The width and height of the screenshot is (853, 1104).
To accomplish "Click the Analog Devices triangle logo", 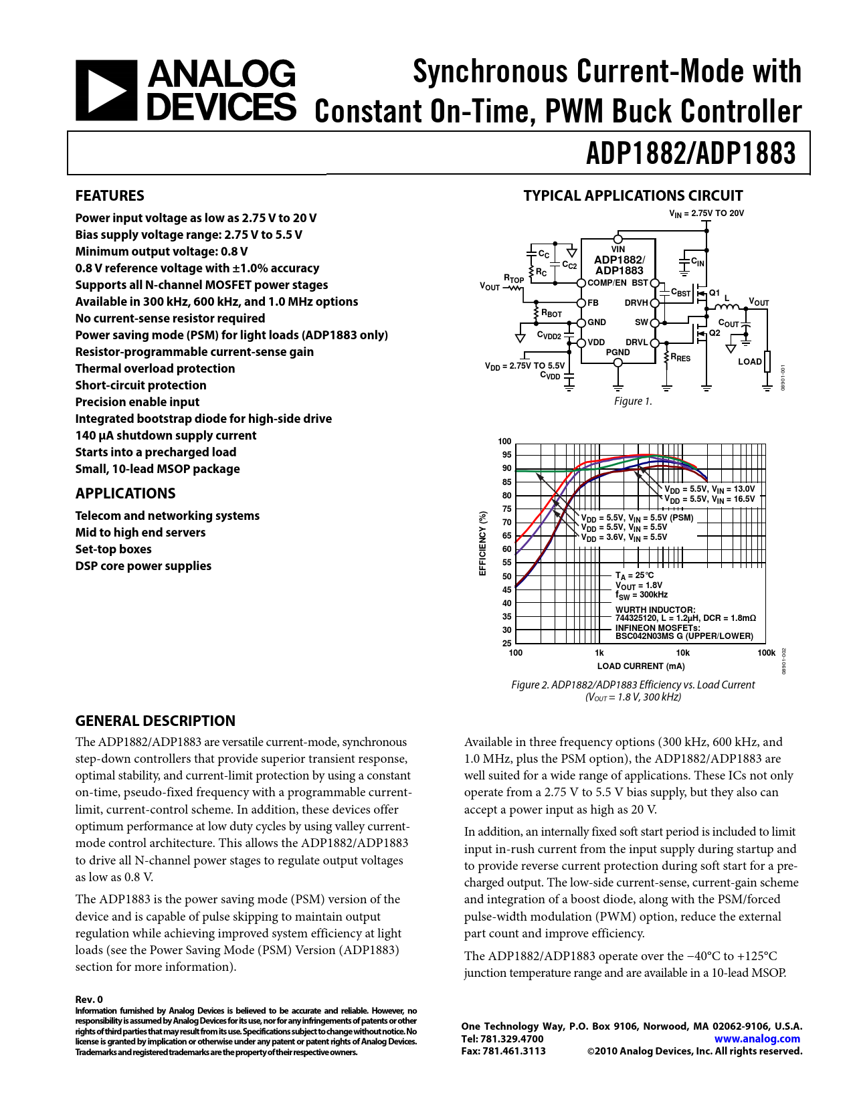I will pyautogui.click(x=107, y=90).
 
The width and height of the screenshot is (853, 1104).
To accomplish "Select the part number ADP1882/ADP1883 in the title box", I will pyautogui.click(x=690, y=153).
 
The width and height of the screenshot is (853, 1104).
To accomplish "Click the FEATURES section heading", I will pyautogui.click(x=110, y=196).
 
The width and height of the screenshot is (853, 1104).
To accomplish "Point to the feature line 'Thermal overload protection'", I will pyautogui.click(x=155, y=369).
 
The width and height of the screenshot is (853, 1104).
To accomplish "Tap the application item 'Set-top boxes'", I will pyautogui.click(x=114, y=549).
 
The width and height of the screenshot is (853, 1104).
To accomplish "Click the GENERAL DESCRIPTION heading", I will pyautogui.click(x=155, y=721).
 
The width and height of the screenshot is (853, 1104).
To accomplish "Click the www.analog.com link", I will pyautogui.click(x=757, y=1039).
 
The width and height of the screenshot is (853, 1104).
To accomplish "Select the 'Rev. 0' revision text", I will pyautogui.click(x=89, y=1000).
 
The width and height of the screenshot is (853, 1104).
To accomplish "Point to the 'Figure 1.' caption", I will pyautogui.click(x=633, y=401).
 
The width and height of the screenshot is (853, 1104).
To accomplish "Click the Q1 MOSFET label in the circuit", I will pyautogui.click(x=715, y=293).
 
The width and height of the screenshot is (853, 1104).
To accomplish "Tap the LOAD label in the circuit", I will pyautogui.click(x=749, y=362).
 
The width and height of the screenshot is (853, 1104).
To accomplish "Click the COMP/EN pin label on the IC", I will pyautogui.click(x=607, y=283).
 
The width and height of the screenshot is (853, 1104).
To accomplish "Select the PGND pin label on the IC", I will pyautogui.click(x=618, y=352).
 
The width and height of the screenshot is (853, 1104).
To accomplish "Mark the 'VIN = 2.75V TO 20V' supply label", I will pyautogui.click(x=706, y=213).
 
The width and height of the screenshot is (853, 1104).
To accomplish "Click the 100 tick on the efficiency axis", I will pyautogui.click(x=504, y=442).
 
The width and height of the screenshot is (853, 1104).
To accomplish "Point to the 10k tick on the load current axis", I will pyautogui.click(x=682, y=653).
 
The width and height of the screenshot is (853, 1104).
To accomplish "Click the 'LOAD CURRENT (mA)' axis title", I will pyautogui.click(x=641, y=666).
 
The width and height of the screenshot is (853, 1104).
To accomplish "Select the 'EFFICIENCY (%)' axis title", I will pyautogui.click(x=482, y=543).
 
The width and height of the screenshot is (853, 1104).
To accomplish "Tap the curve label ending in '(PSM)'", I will pyautogui.click(x=637, y=518).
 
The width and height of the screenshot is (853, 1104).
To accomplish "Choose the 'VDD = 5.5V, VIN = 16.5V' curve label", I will pyautogui.click(x=709, y=499).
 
